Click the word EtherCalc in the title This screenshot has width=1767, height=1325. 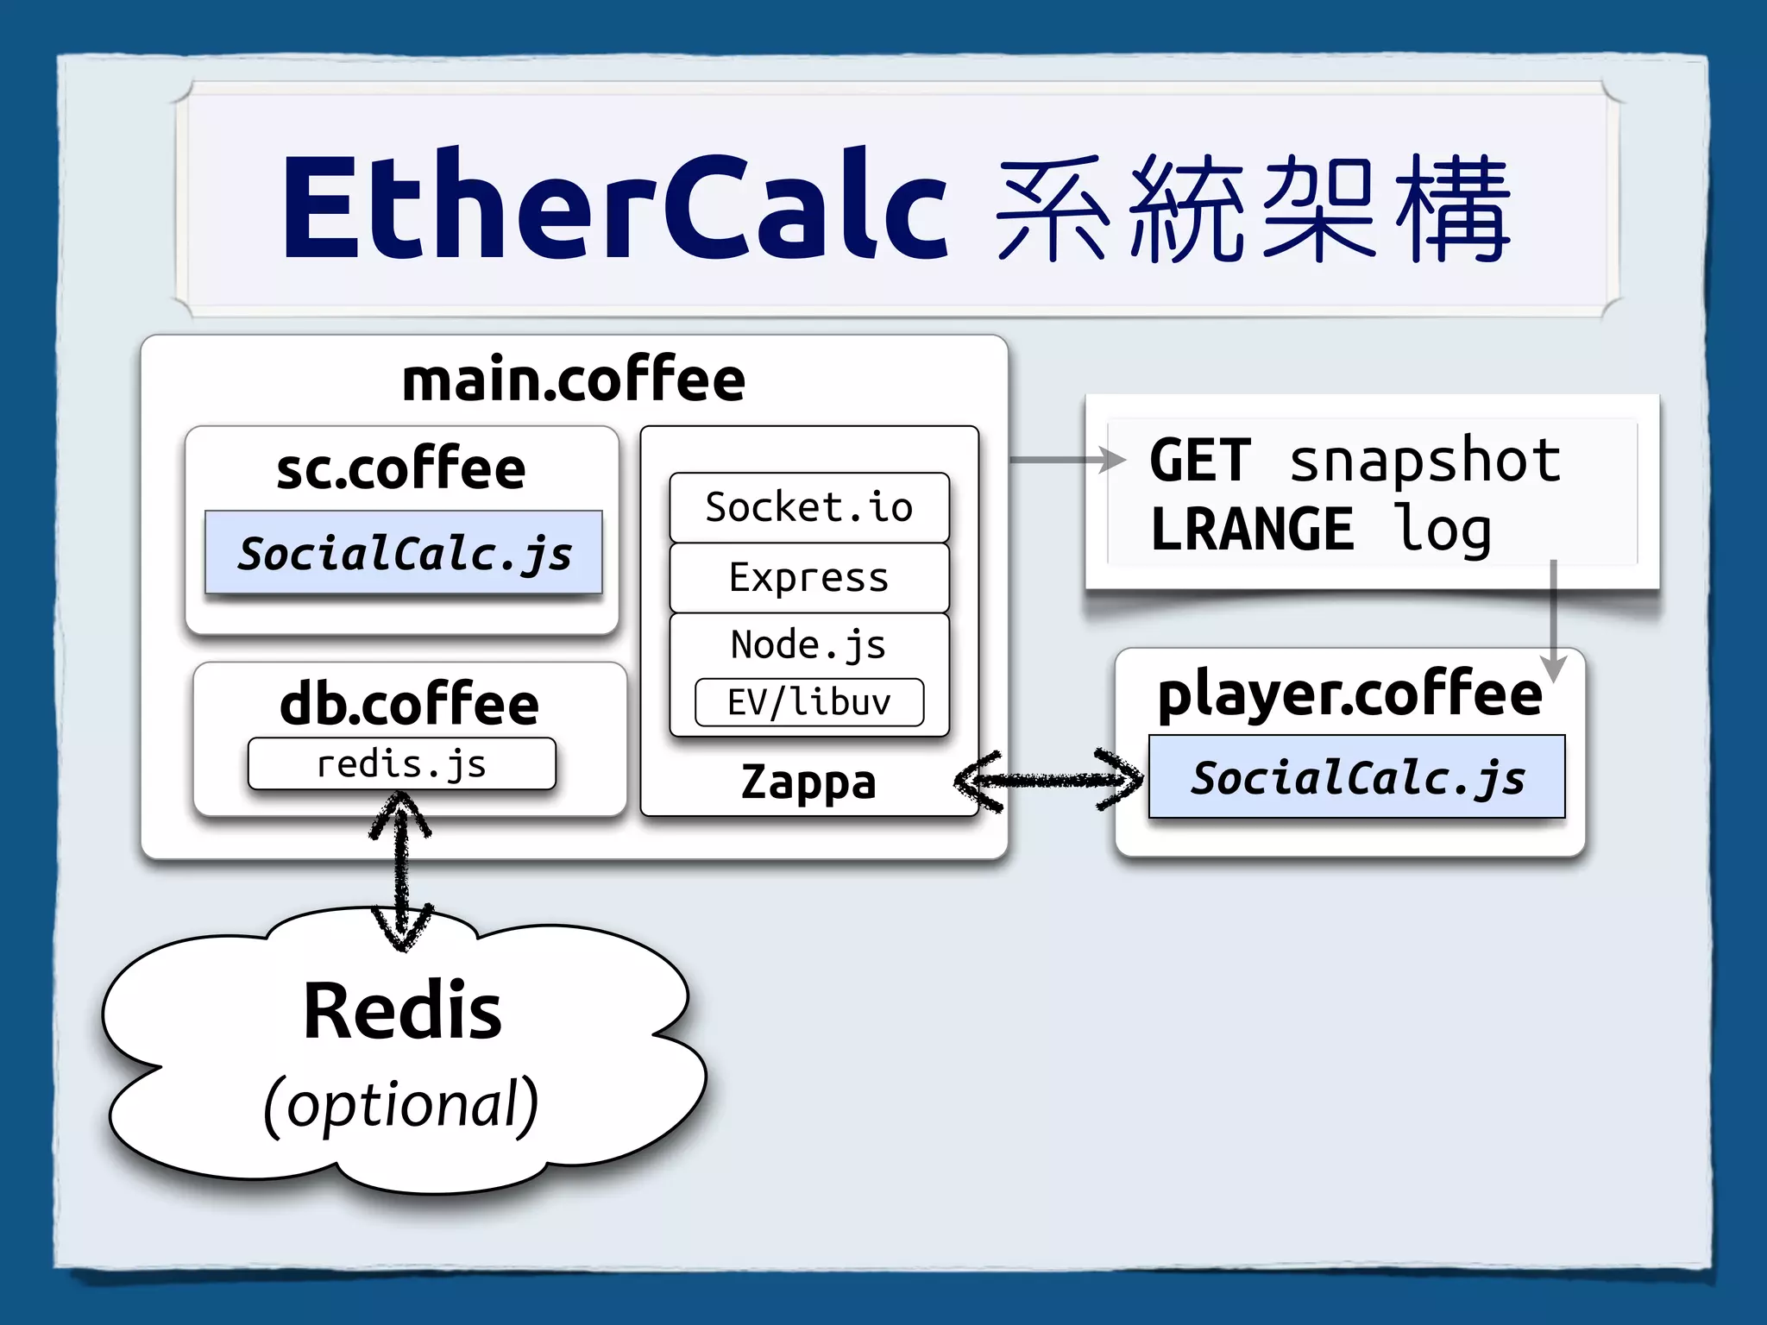tap(614, 207)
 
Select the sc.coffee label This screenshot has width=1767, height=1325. tap(401, 468)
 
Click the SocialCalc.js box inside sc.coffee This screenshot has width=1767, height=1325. tap(404, 553)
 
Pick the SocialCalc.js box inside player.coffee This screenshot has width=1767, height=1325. tap(1356, 777)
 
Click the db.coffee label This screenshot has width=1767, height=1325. tap(409, 703)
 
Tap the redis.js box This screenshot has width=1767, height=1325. tap(401, 764)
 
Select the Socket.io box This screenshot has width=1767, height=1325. tap(808, 507)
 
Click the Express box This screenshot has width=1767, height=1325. tap(808, 577)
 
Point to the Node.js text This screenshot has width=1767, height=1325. tap(808, 644)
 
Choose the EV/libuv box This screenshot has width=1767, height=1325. tap(808, 702)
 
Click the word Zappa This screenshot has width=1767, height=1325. tap(808, 782)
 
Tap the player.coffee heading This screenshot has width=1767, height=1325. tap(1349, 694)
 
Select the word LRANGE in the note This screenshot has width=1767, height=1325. tap(1252, 529)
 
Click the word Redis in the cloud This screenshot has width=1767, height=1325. tap(402, 1011)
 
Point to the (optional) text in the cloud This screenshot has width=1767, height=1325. tap(401, 1104)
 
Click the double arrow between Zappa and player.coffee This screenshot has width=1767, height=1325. tap(1048, 781)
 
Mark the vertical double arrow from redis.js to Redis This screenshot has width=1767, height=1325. tap(401, 871)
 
